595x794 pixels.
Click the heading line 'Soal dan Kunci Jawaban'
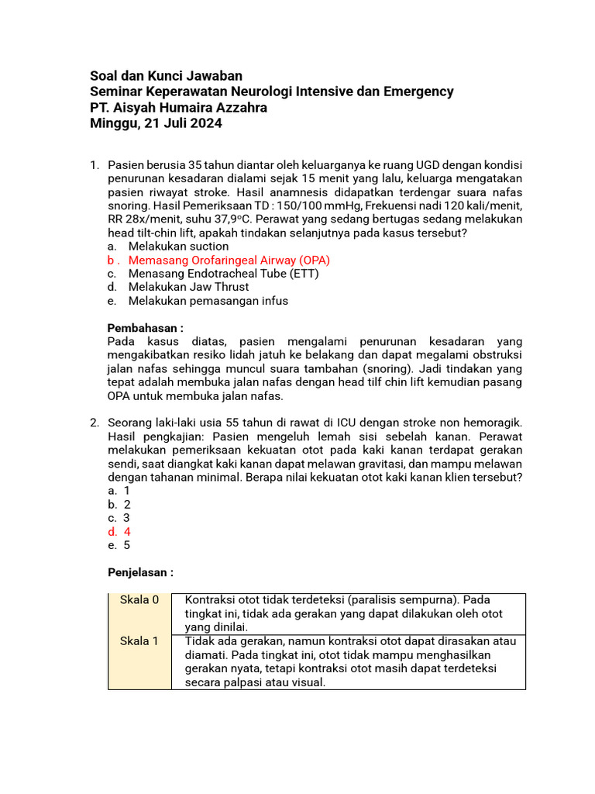point(167,76)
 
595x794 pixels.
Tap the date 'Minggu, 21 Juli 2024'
point(156,123)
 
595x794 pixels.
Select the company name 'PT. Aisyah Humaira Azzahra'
point(178,108)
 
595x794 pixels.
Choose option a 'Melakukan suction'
point(178,246)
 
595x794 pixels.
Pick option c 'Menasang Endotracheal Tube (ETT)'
point(223,274)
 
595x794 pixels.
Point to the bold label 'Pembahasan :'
point(145,328)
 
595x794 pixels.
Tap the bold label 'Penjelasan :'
point(140,572)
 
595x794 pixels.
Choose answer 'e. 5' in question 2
point(119,545)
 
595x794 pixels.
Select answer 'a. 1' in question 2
point(119,490)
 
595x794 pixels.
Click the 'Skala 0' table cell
point(139,600)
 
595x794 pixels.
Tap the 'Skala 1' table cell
point(139,640)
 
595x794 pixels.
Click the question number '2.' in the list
point(95,423)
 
